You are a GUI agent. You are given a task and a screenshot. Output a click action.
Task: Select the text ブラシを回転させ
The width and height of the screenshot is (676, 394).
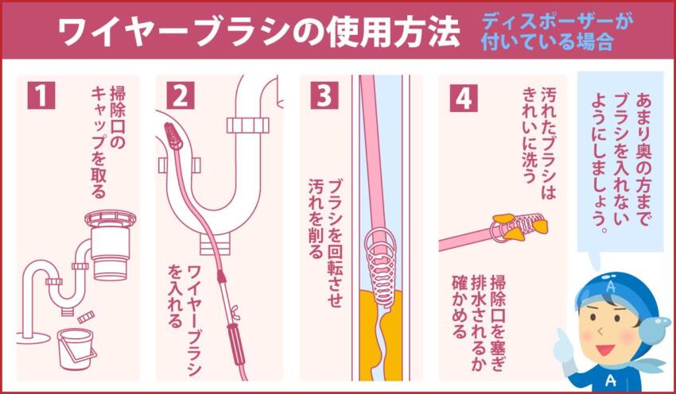[x=336, y=238]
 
